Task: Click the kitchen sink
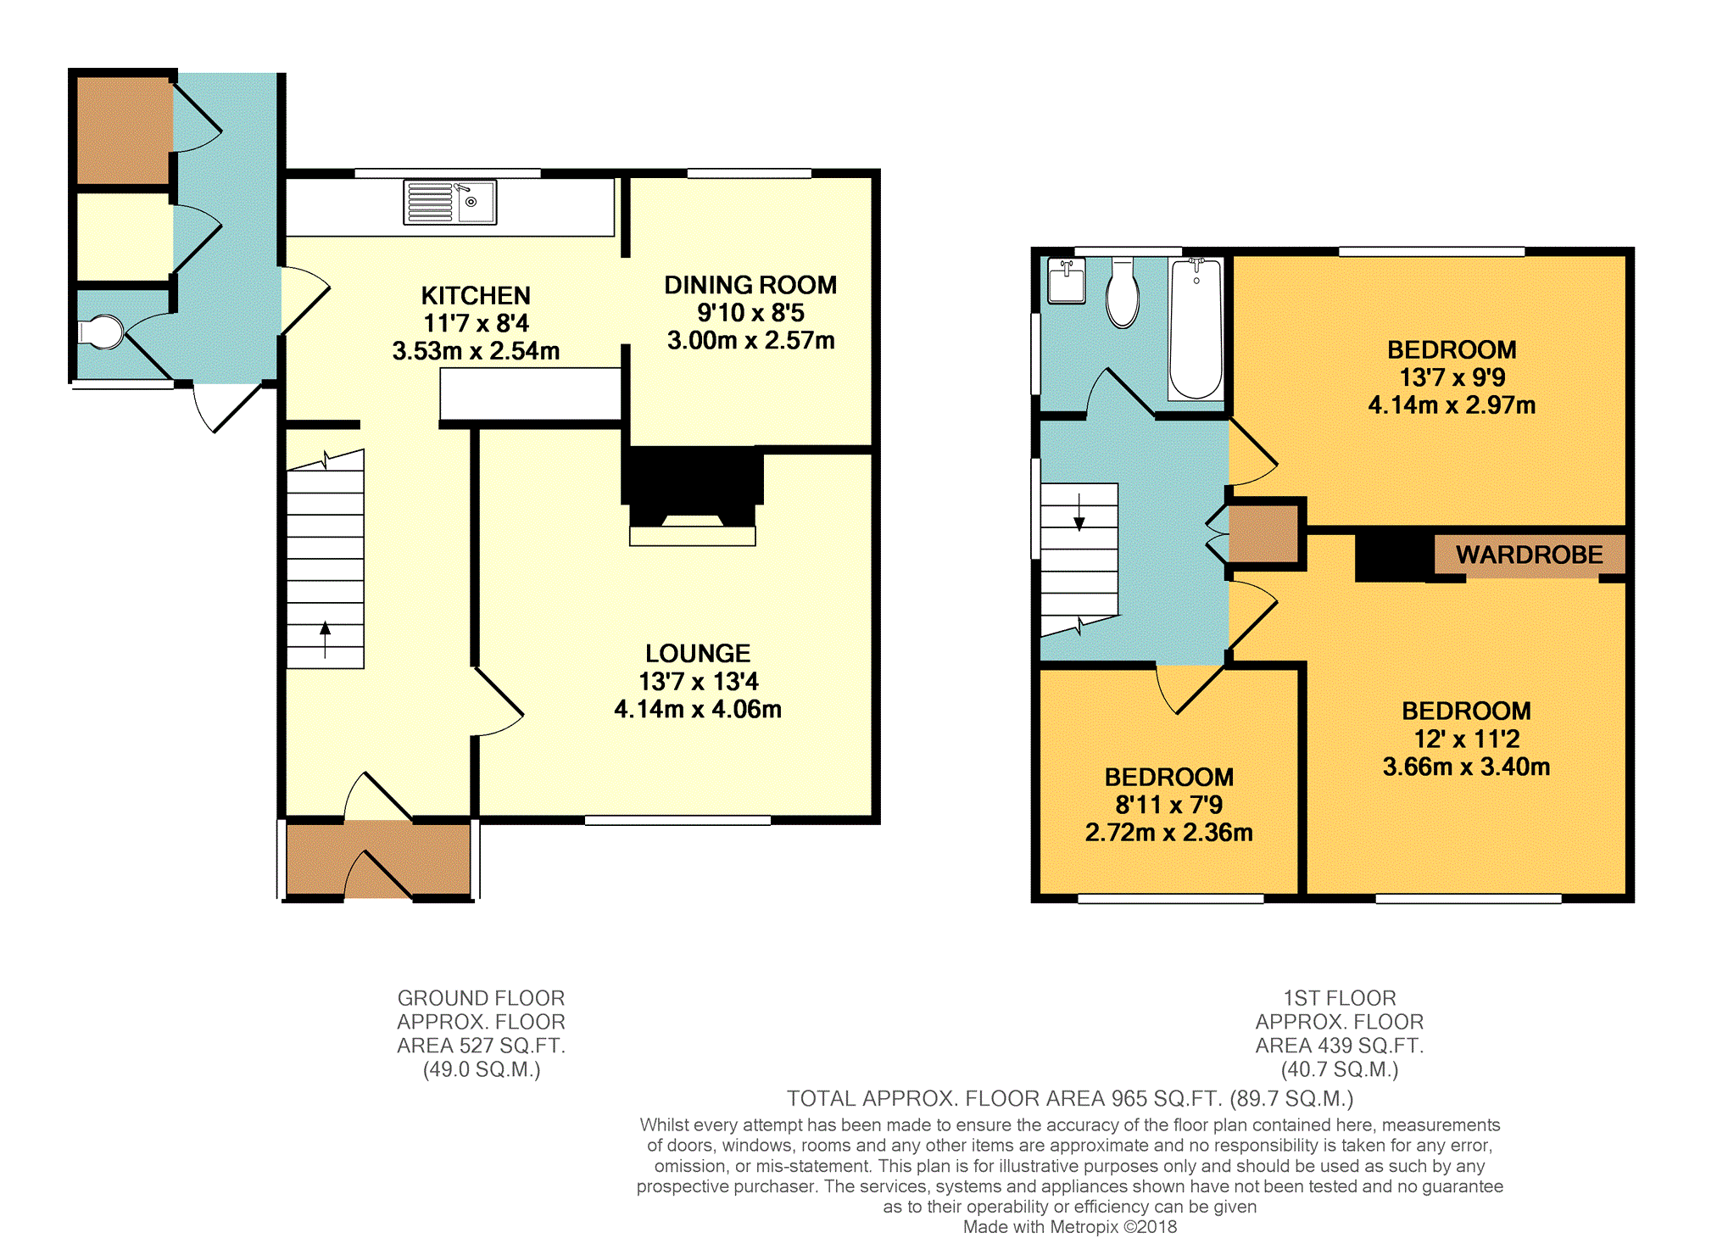(449, 203)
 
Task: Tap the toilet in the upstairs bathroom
(1123, 293)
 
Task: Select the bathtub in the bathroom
(1196, 329)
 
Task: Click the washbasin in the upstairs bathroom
(1067, 281)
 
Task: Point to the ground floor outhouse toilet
(101, 332)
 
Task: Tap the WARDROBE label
(1529, 555)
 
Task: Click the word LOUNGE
(698, 653)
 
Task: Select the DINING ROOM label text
(750, 285)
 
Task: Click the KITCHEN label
(476, 295)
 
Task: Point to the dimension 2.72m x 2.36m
(1169, 833)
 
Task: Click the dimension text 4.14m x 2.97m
(1452, 405)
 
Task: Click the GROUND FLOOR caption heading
(481, 998)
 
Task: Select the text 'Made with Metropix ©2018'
(1070, 1226)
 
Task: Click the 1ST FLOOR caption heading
(1340, 998)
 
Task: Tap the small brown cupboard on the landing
(1263, 533)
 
